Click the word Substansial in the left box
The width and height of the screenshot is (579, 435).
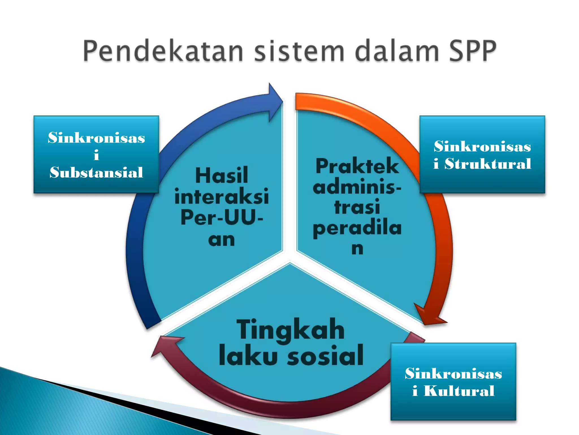96,172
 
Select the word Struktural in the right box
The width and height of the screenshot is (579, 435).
488,164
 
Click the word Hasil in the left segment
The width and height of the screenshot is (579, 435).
221,176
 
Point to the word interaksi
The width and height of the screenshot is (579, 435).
221,197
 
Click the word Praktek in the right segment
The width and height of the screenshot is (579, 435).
357,166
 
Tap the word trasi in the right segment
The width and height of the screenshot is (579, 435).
357,207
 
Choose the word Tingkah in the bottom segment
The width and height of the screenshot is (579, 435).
290,330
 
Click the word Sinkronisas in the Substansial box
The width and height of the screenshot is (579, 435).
96,138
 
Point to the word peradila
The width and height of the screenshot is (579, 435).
357,229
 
